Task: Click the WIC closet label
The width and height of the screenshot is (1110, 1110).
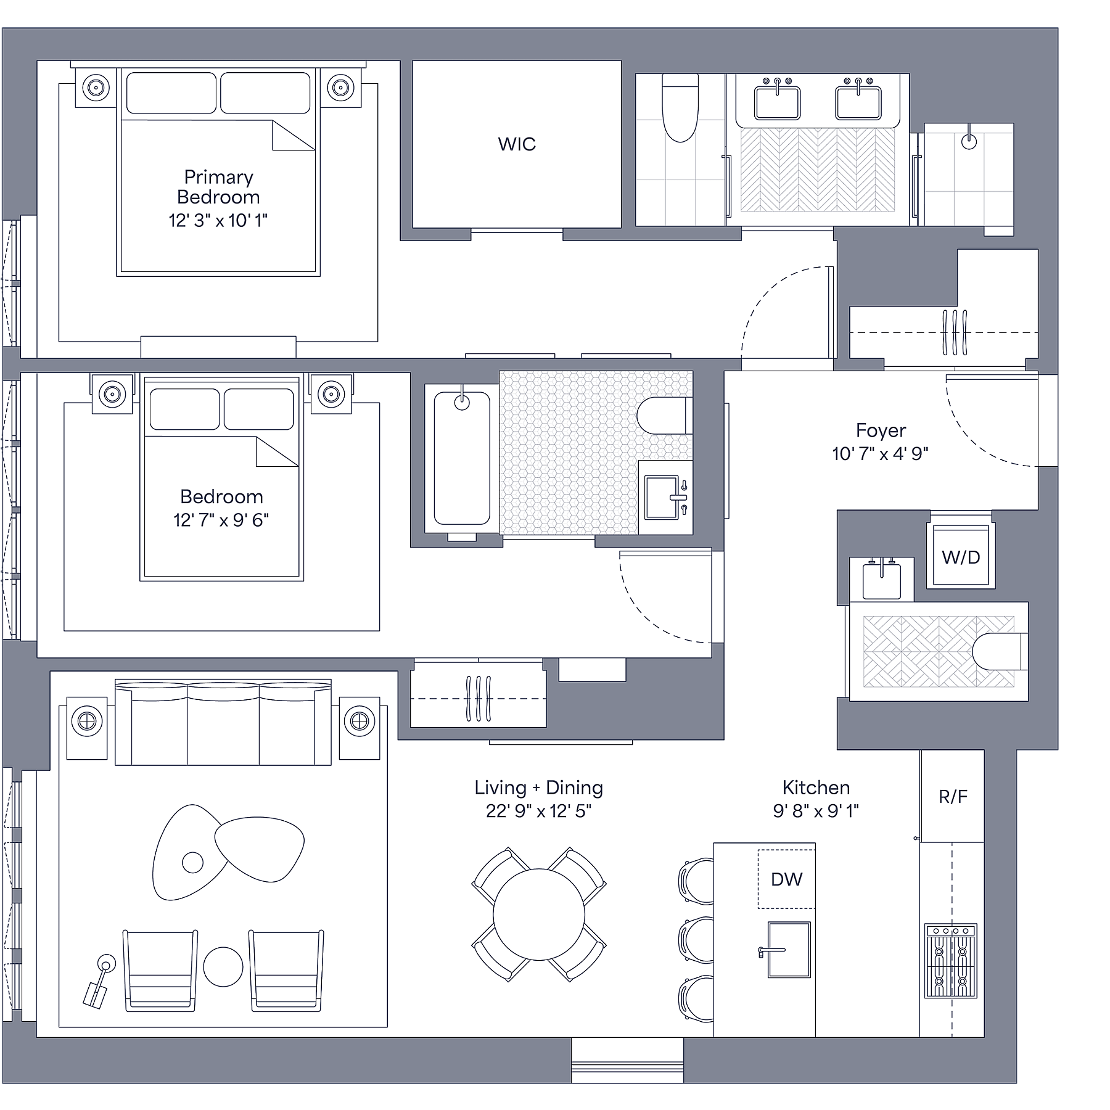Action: tap(517, 144)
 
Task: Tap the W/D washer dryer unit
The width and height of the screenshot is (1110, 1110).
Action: tap(960, 557)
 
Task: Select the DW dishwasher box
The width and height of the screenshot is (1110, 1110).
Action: tap(786, 879)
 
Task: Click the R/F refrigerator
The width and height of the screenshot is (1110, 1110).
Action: tap(953, 797)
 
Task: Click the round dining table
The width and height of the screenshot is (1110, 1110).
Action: tap(538, 915)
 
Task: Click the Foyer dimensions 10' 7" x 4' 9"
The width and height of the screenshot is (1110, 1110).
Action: tap(880, 454)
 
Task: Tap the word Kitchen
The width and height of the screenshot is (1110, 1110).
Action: tap(816, 787)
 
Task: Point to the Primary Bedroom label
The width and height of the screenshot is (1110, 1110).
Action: tap(218, 187)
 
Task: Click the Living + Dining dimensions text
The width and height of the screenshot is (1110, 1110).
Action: tap(538, 811)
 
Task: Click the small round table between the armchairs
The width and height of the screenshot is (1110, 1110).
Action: tap(223, 966)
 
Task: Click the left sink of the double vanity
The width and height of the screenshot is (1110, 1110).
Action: tap(776, 102)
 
